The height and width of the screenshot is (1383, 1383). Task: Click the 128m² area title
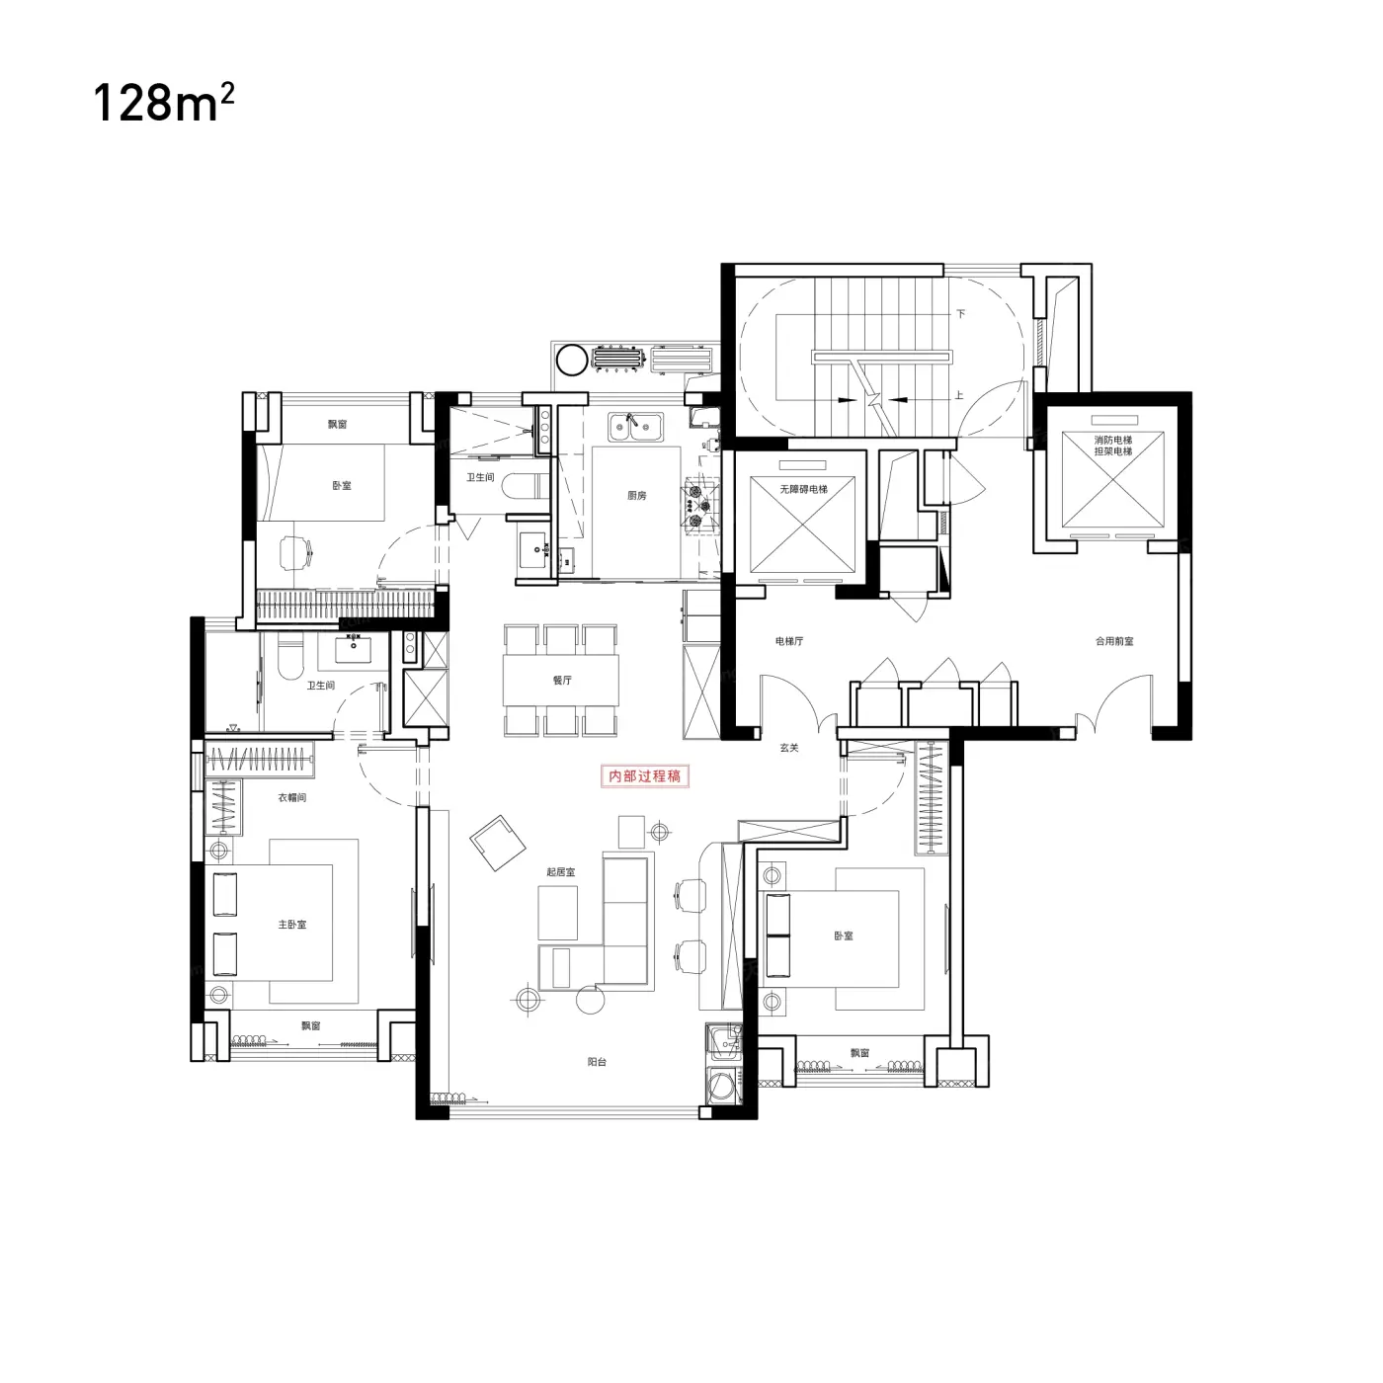tap(164, 104)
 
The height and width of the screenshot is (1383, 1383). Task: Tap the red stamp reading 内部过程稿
tap(644, 775)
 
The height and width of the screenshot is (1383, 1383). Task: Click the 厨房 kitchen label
tap(636, 495)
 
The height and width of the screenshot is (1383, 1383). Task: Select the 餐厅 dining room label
tap(562, 680)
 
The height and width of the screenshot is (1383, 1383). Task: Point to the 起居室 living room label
tap(560, 871)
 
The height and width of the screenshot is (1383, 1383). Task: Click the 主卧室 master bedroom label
tap(292, 924)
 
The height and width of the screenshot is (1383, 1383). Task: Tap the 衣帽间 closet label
tap(292, 797)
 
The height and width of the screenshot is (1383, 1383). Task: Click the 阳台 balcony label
tap(597, 1062)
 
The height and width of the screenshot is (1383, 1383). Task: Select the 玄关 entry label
tap(788, 747)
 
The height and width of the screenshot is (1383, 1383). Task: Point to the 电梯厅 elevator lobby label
tap(788, 641)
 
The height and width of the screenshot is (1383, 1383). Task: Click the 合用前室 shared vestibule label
tap(1114, 641)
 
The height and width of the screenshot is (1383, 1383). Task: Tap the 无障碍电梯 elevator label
tap(803, 489)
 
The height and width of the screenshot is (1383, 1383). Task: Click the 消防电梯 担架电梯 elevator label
tap(1113, 445)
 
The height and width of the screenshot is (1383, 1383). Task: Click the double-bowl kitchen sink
tap(635, 427)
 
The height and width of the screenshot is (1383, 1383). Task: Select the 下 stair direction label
tap(961, 313)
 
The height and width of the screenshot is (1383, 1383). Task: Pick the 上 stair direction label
tap(959, 395)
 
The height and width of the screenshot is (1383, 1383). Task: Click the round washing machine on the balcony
tap(721, 1087)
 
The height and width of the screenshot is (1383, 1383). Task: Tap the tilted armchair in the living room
tap(497, 842)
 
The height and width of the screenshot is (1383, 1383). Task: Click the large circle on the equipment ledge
tap(573, 360)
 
